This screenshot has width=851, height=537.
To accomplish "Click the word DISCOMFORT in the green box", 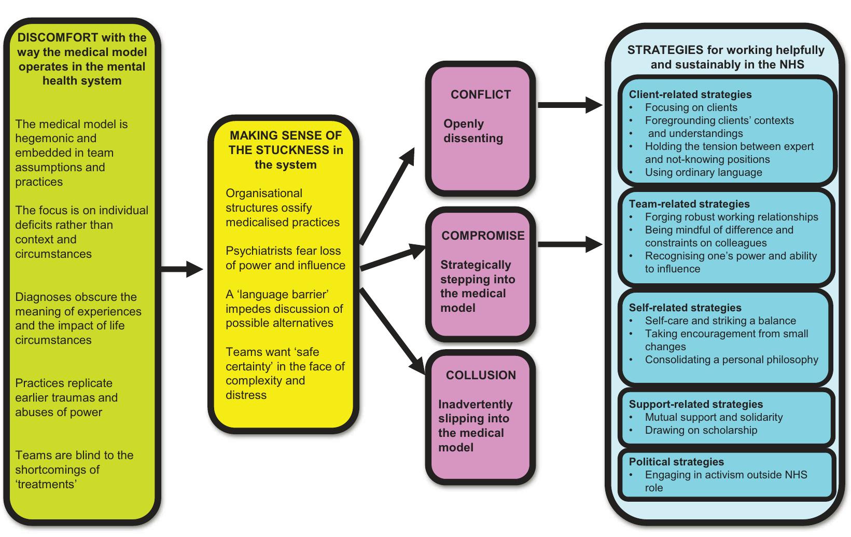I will coord(57,37).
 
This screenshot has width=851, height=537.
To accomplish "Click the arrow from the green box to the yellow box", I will coord(182,269).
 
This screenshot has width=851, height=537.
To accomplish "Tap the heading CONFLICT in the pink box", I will coord(481,94).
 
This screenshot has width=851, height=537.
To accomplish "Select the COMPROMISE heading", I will coord(483,236).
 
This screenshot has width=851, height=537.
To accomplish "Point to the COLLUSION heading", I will coord(481,375).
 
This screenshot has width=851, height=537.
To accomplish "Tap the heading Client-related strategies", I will coord(690,94).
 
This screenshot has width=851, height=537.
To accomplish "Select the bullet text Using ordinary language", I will coord(703,172).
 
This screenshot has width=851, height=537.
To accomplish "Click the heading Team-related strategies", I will coord(689,204).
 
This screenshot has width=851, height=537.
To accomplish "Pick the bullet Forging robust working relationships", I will coord(731,217).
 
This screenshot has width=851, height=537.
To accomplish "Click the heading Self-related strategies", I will coord(685,308).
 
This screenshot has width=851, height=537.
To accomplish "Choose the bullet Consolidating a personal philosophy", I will coord(731,360).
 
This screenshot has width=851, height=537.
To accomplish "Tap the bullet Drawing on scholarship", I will coord(701,430).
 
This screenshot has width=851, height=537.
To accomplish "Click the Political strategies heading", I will coord(676,462).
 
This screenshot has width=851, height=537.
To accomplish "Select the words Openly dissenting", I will coord(472,131).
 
